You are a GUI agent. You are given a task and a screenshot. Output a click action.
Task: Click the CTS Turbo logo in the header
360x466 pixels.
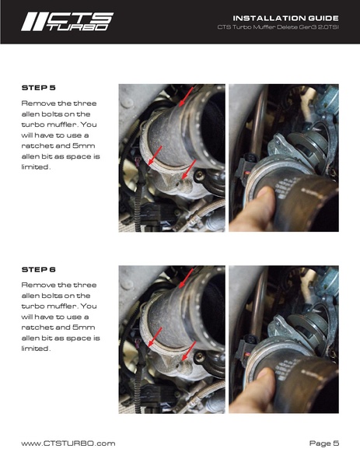66,21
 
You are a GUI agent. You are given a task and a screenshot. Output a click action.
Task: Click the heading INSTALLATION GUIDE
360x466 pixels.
285,17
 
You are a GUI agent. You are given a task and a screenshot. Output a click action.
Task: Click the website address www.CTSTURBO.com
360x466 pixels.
68,443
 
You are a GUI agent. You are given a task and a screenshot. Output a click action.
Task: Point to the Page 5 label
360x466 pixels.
323,443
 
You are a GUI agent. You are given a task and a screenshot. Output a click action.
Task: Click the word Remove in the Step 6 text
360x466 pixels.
37,285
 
